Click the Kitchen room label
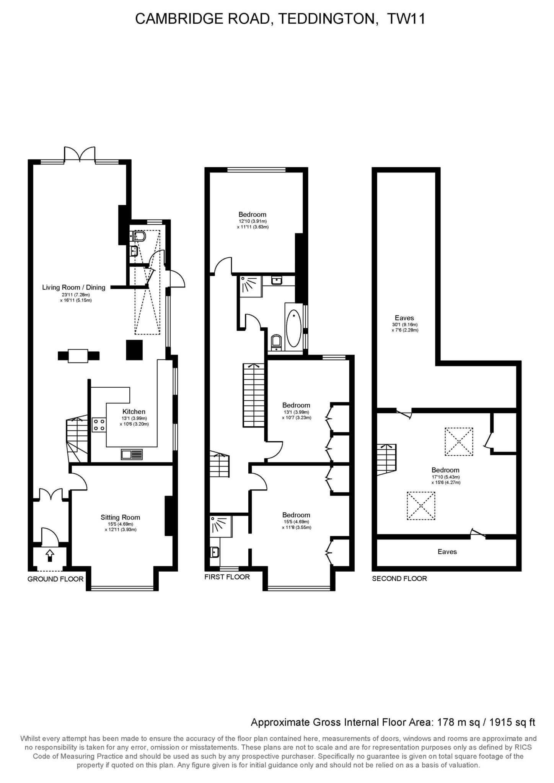point(134,411)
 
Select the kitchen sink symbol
point(132,454)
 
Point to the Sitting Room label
point(120,517)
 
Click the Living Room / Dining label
point(73,287)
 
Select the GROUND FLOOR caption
point(55,579)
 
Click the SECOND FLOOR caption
point(399,578)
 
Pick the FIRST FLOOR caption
point(227,577)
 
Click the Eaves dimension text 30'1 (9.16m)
point(404,325)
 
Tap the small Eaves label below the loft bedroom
point(447,552)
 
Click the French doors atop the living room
point(80,154)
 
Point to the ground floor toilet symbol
point(138,236)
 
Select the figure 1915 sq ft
point(512,722)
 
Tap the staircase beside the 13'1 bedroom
point(253,395)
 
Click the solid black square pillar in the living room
point(134,349)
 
